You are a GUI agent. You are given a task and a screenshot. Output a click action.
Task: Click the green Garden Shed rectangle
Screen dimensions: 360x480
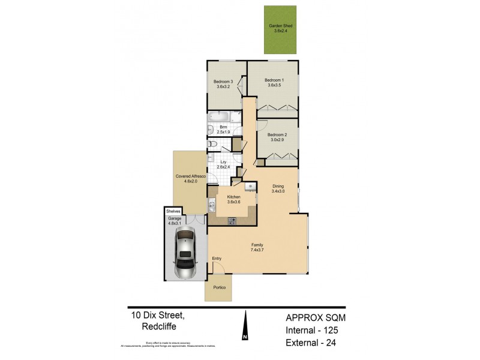point(280,30)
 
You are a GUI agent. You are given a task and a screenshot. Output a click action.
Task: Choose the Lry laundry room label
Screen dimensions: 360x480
point(223,162)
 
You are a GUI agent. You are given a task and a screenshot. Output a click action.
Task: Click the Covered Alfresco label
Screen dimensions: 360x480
point(191,176)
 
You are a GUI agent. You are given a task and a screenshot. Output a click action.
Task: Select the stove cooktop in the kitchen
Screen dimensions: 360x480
point(233,221)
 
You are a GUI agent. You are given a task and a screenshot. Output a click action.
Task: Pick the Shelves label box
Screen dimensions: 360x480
point(174,211)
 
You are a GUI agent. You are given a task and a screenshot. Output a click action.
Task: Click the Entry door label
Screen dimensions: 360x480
point(217,259)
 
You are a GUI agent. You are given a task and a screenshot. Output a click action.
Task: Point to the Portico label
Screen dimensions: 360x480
point(219,288)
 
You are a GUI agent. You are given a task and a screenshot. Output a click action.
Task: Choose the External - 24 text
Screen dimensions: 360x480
point(311,344)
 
